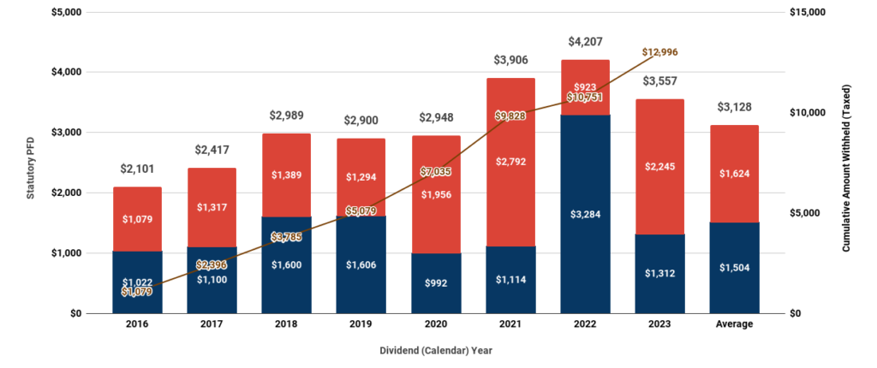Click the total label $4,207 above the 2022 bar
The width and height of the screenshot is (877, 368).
(x=585, y=42)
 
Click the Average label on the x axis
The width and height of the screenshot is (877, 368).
(x=734, y=324)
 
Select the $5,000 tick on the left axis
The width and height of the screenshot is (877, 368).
(x=67, y=12)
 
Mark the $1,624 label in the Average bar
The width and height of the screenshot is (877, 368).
(x=734, y=182)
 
